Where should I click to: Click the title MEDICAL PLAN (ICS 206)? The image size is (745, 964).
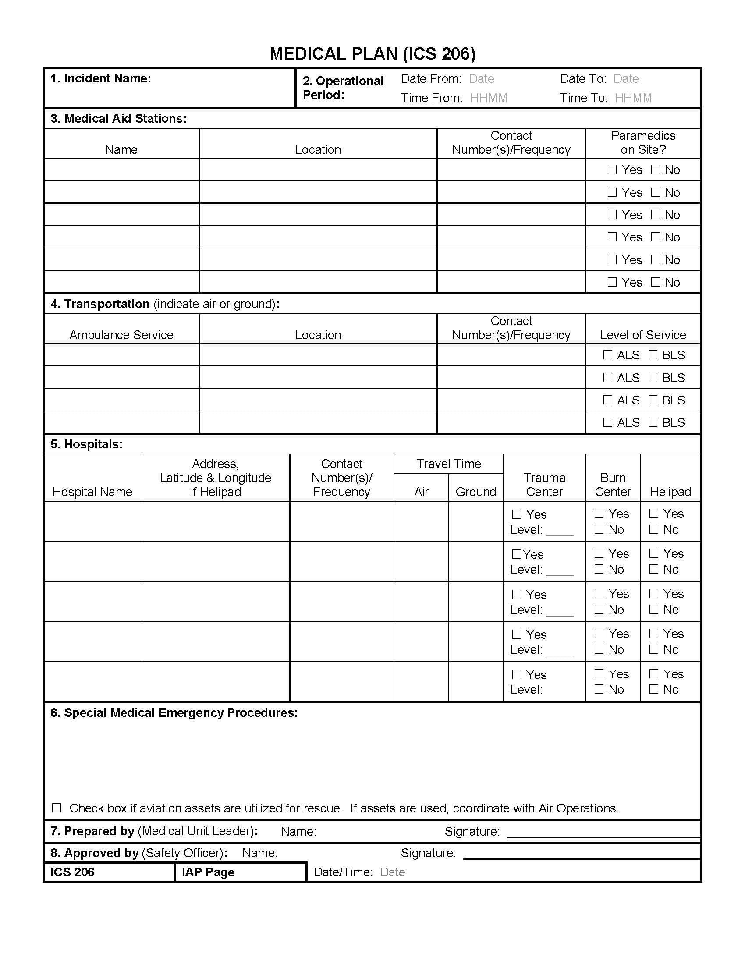tap(372, 54)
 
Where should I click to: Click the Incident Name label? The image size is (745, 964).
tap(101, 78)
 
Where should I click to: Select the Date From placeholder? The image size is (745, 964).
tap(481, 79)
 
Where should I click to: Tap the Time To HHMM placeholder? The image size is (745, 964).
tap(633, 98)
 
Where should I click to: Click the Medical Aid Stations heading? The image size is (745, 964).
tap(118, 119)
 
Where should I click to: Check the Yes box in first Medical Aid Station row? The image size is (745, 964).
tap(612, 170)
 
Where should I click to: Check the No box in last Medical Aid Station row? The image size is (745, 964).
tap(656, 282)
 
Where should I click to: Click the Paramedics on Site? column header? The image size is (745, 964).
tap(643, 142)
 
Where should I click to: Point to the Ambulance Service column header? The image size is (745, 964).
tap(121, 335)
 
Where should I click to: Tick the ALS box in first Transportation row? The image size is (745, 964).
tap(608, 355)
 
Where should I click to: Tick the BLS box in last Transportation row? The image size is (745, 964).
tap(653, 422)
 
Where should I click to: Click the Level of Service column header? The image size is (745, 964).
tap(642, 335)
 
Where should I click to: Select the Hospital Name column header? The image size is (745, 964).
tap(92, 492)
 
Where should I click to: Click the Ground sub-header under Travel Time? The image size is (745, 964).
tap(476, 492)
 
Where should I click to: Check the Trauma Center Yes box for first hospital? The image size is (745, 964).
tap(517, 515)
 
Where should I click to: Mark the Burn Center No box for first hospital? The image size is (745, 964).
tap(600, 529)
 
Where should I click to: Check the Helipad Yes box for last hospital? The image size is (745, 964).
tap(654, 674)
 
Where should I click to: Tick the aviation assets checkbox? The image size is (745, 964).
tap(57, 808)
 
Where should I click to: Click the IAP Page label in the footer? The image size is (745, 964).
tap(208, 872)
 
